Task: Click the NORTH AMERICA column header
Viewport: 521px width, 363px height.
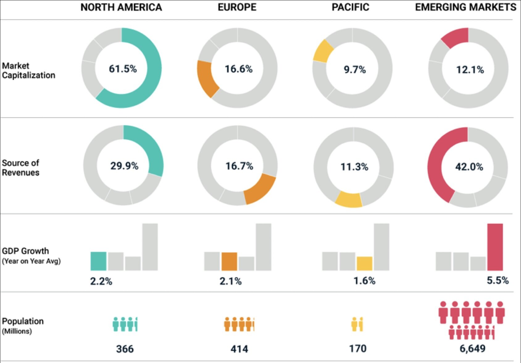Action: coord(121,7)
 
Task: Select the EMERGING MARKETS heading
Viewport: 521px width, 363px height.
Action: coord(465,7)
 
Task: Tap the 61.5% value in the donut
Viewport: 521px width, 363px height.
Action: coord(123,69)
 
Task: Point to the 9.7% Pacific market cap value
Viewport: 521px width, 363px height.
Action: coord(355,69)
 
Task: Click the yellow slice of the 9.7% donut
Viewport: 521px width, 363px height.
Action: coord(323,51)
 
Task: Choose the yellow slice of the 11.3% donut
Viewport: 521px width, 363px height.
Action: coord(348,200)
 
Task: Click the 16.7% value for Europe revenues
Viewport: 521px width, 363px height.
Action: coord(239,166)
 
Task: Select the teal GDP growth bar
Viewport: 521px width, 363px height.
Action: coord(98,261)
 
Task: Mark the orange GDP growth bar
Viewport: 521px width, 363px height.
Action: coord(229,261)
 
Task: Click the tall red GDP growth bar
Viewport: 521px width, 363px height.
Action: coord(495,247)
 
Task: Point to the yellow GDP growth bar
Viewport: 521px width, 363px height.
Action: coord(364,263)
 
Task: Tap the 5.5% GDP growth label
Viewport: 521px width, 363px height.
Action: coord(498,280)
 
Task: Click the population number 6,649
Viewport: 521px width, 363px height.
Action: coord(472,348)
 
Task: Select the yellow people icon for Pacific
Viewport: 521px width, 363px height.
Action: coord(357,324)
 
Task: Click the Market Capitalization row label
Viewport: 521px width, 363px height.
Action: coord(28,70)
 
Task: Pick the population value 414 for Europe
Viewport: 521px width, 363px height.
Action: coord(239,349)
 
